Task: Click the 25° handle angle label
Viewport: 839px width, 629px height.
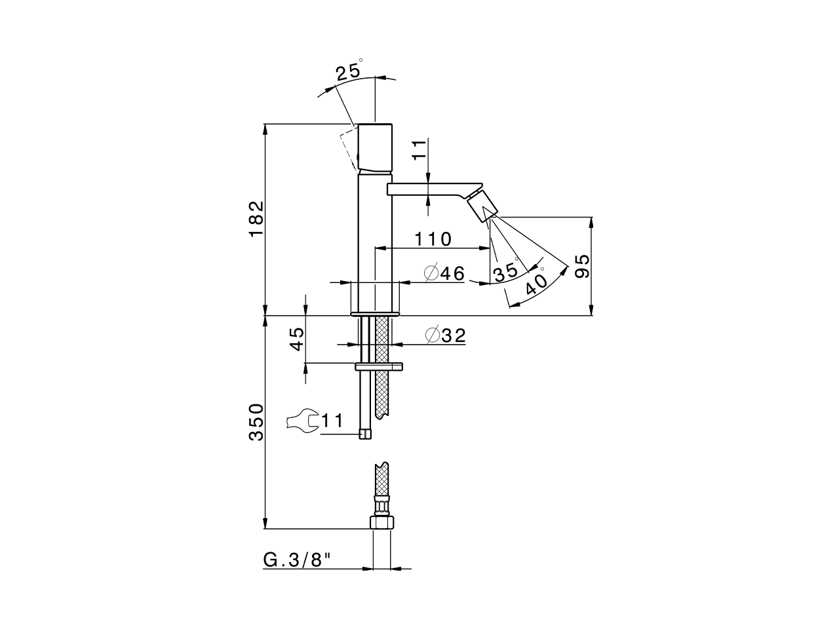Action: (x=349, y=71)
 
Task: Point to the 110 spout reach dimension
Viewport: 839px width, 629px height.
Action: (x=433, y=239)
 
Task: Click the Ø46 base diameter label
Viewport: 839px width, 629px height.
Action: (x=444, y=273)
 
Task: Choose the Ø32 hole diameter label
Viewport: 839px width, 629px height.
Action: (x=446, y=336)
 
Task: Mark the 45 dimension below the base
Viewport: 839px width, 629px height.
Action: (x=297, y=339)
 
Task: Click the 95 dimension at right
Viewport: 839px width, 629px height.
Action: (x=582, y=266)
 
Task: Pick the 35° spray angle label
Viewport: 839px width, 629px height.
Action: (x=507, y=271)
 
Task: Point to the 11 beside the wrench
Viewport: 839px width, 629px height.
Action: (x=332, y=421)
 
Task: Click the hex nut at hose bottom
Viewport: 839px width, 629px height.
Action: (x=381, y=522)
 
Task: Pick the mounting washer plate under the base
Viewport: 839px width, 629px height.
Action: (x=380, y=366)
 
